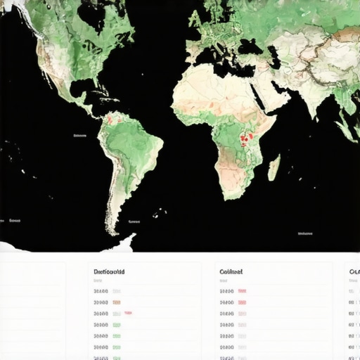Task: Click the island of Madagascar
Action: pos(274,168)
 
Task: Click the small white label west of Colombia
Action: pos(79,136)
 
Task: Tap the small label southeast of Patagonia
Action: pos(134,221)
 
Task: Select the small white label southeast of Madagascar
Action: pos(304,233)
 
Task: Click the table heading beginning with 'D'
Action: pos(108,271)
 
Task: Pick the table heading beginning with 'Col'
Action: pos(231,271)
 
